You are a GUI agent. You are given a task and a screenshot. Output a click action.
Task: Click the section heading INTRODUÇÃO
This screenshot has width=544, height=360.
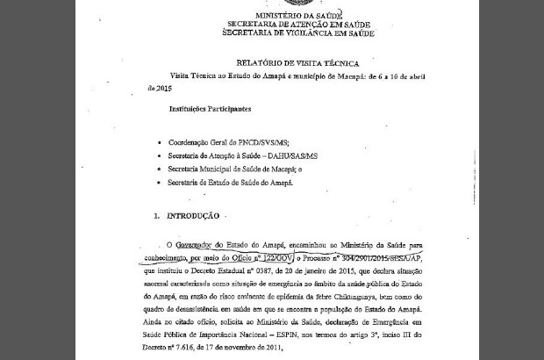[x=192, y=215]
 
